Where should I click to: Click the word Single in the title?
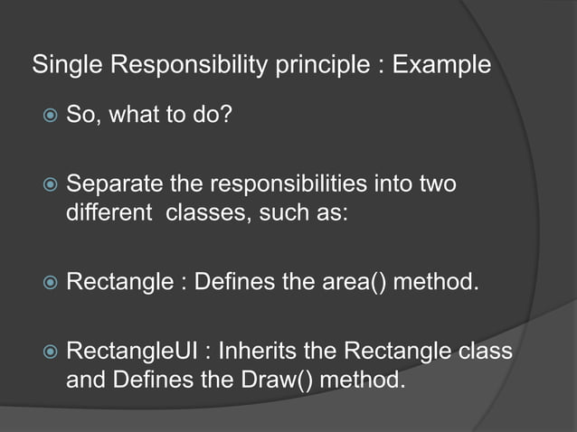coord(61,67)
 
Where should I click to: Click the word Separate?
coord(112,184)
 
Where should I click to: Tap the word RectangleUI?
coord(132,350)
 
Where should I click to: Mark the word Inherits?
coord(256,350)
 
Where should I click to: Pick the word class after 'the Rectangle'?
coord(486,350)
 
